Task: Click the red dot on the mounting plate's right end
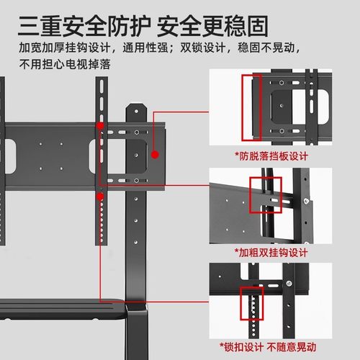pos(156,152)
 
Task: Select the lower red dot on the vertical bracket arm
pos(102,194)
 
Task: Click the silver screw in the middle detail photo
pos(307,199)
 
